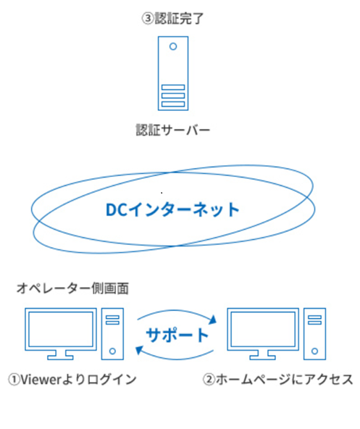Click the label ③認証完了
(172, 19)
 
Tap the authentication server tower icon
(173, 73)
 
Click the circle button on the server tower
(173, 46)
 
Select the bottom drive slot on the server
(173, 104)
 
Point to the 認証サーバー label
(173, 130)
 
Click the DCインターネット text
(172, 209)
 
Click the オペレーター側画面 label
(72, 288)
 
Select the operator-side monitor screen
(61, 330)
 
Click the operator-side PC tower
(112, 334)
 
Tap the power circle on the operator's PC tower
(112, 351)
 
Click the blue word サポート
(177, 335)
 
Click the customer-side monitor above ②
(263, 330)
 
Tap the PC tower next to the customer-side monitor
(314, 334)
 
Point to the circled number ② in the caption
(209, 380)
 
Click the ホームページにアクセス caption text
(284, 380)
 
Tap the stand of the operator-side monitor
(60, 355)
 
